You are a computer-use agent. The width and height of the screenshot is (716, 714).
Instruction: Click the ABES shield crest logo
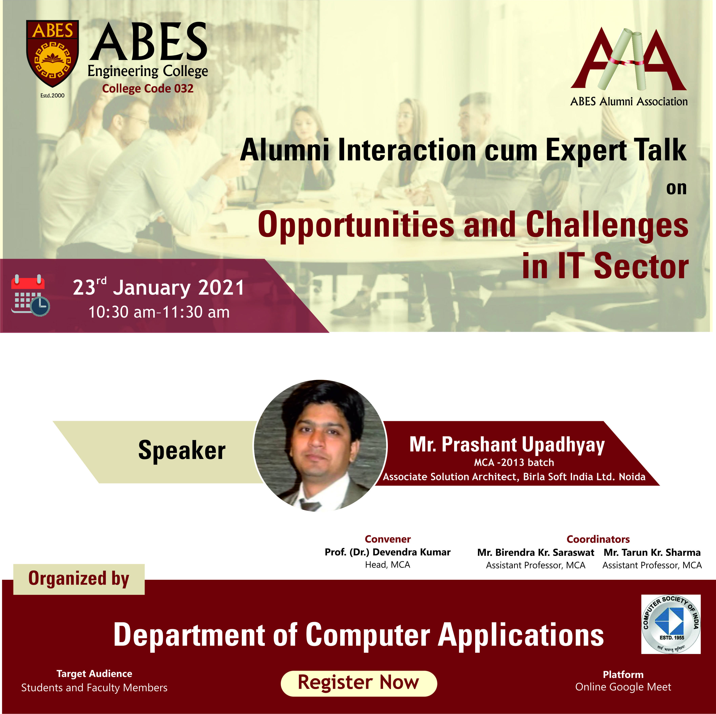52,53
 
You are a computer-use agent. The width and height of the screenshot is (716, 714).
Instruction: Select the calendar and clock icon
30,295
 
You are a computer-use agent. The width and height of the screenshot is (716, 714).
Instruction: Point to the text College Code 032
148,89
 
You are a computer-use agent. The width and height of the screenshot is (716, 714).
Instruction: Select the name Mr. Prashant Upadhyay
507,445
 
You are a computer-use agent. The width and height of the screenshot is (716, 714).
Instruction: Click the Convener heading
388,539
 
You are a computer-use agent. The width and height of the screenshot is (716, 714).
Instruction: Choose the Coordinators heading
598,539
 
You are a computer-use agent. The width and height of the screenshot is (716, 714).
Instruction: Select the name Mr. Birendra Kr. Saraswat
536,552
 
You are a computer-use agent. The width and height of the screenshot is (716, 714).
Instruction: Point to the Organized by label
79,579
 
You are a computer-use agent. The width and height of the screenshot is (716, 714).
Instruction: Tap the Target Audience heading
94,674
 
